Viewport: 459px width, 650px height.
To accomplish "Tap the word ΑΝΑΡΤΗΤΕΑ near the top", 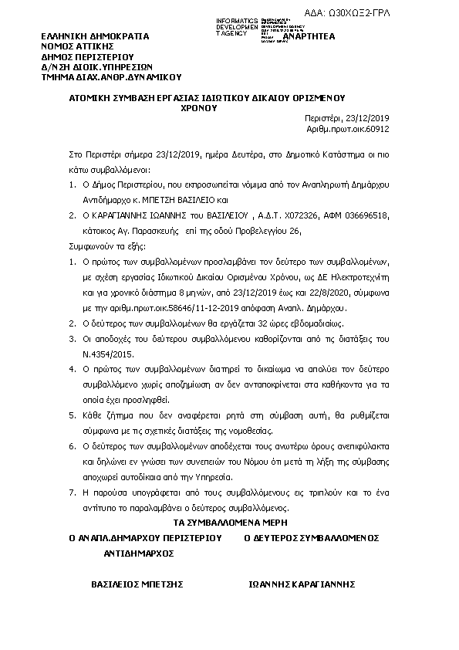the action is point(309,36).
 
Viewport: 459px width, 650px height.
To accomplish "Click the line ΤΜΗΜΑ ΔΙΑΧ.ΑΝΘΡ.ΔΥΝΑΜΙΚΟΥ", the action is point(111,76).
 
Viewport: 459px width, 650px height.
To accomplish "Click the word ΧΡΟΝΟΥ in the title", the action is point(199,109).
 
